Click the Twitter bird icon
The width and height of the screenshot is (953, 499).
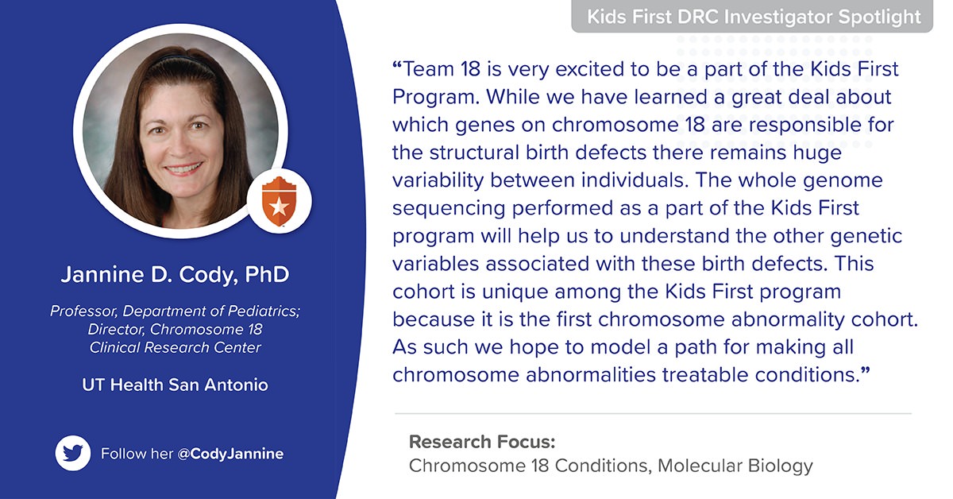[73, 454]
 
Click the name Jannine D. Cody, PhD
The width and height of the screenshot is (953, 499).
[176, 276]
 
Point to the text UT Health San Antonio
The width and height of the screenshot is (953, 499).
[176, 385]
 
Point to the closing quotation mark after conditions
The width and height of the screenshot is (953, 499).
[866, 373]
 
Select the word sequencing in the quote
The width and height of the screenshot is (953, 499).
[442, 209]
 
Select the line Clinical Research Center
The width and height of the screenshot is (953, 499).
[176, 347]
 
